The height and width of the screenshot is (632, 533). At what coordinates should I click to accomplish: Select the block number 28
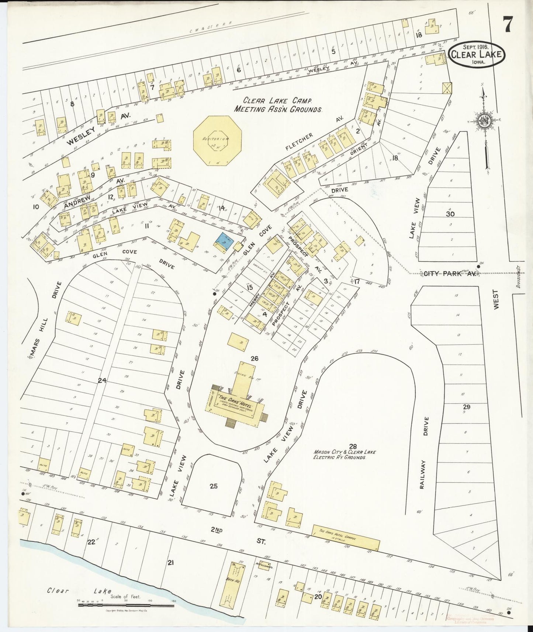pyautogui.click(x=353, y=446)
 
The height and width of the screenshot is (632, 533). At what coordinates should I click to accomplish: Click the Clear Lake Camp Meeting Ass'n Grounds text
pyautogui.click(x=278, y=105)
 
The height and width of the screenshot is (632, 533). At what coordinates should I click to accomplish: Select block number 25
pyautogui.click(x=213, y=486)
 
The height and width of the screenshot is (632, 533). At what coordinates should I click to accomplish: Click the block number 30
pyautogui.click(x=450, y=213)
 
